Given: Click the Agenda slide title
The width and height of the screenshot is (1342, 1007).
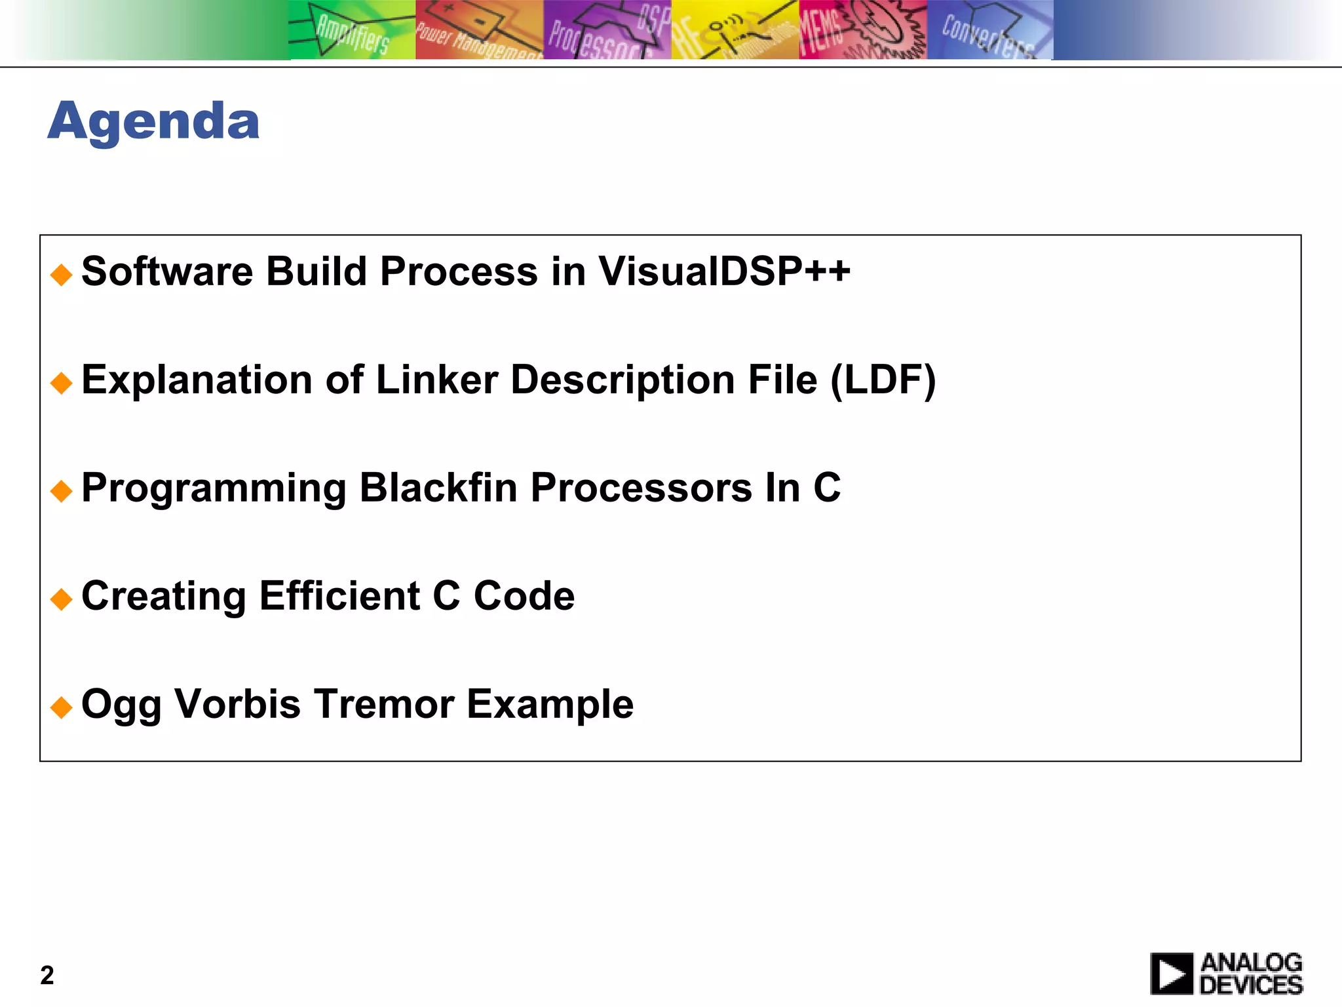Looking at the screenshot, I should pyautogui.click(x=153, y=121).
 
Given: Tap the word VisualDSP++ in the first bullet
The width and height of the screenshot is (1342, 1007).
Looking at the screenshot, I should pyautogui.click(x=724, y=271).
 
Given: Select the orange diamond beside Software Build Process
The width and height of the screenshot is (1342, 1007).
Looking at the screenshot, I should pyautogui.click(x=61, y=275).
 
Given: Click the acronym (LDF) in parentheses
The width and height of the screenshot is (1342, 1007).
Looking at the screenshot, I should pyautogui.click(x=883, y=380).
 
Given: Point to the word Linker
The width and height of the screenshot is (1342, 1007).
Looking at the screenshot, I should pyautogui.click(x=436, y=380).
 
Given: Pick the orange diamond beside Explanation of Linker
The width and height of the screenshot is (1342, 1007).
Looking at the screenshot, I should pyautogui.click(x=61, y=383).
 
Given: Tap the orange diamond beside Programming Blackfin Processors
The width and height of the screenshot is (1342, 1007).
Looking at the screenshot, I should pyautogui.click(x=61, y=491).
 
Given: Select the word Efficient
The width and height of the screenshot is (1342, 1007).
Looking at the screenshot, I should pyautogui.click(x=339, y=596).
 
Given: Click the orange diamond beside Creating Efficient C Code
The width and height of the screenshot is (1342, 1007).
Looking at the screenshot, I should pyautogui.click(x=61, y=599).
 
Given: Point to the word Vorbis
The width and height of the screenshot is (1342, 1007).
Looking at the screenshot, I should pyautogui.click(x=237, y=704).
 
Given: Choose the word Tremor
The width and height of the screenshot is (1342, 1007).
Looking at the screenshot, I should pyautogui.click(x=383, y=704).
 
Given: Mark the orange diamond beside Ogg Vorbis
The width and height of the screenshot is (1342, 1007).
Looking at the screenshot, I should pyautogui.click(x=61, y=707).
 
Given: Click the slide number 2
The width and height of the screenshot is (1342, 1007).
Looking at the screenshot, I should pyautogui.click(x=47, y=976).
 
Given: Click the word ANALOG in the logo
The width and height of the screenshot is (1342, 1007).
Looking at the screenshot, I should pyautogui.click(x=1252, y=962).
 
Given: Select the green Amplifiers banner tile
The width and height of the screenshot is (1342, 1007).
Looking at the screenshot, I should pyautogui.click(x=352, y=30).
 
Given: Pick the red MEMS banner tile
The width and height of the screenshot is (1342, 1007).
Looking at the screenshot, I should pyautogui.click(x=862, y=30).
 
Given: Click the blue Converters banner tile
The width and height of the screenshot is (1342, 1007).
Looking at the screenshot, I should pyautogui.click(x=989, y=30).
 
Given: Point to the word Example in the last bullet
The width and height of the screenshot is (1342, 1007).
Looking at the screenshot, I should pyautogui.click(x=550, y=704).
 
